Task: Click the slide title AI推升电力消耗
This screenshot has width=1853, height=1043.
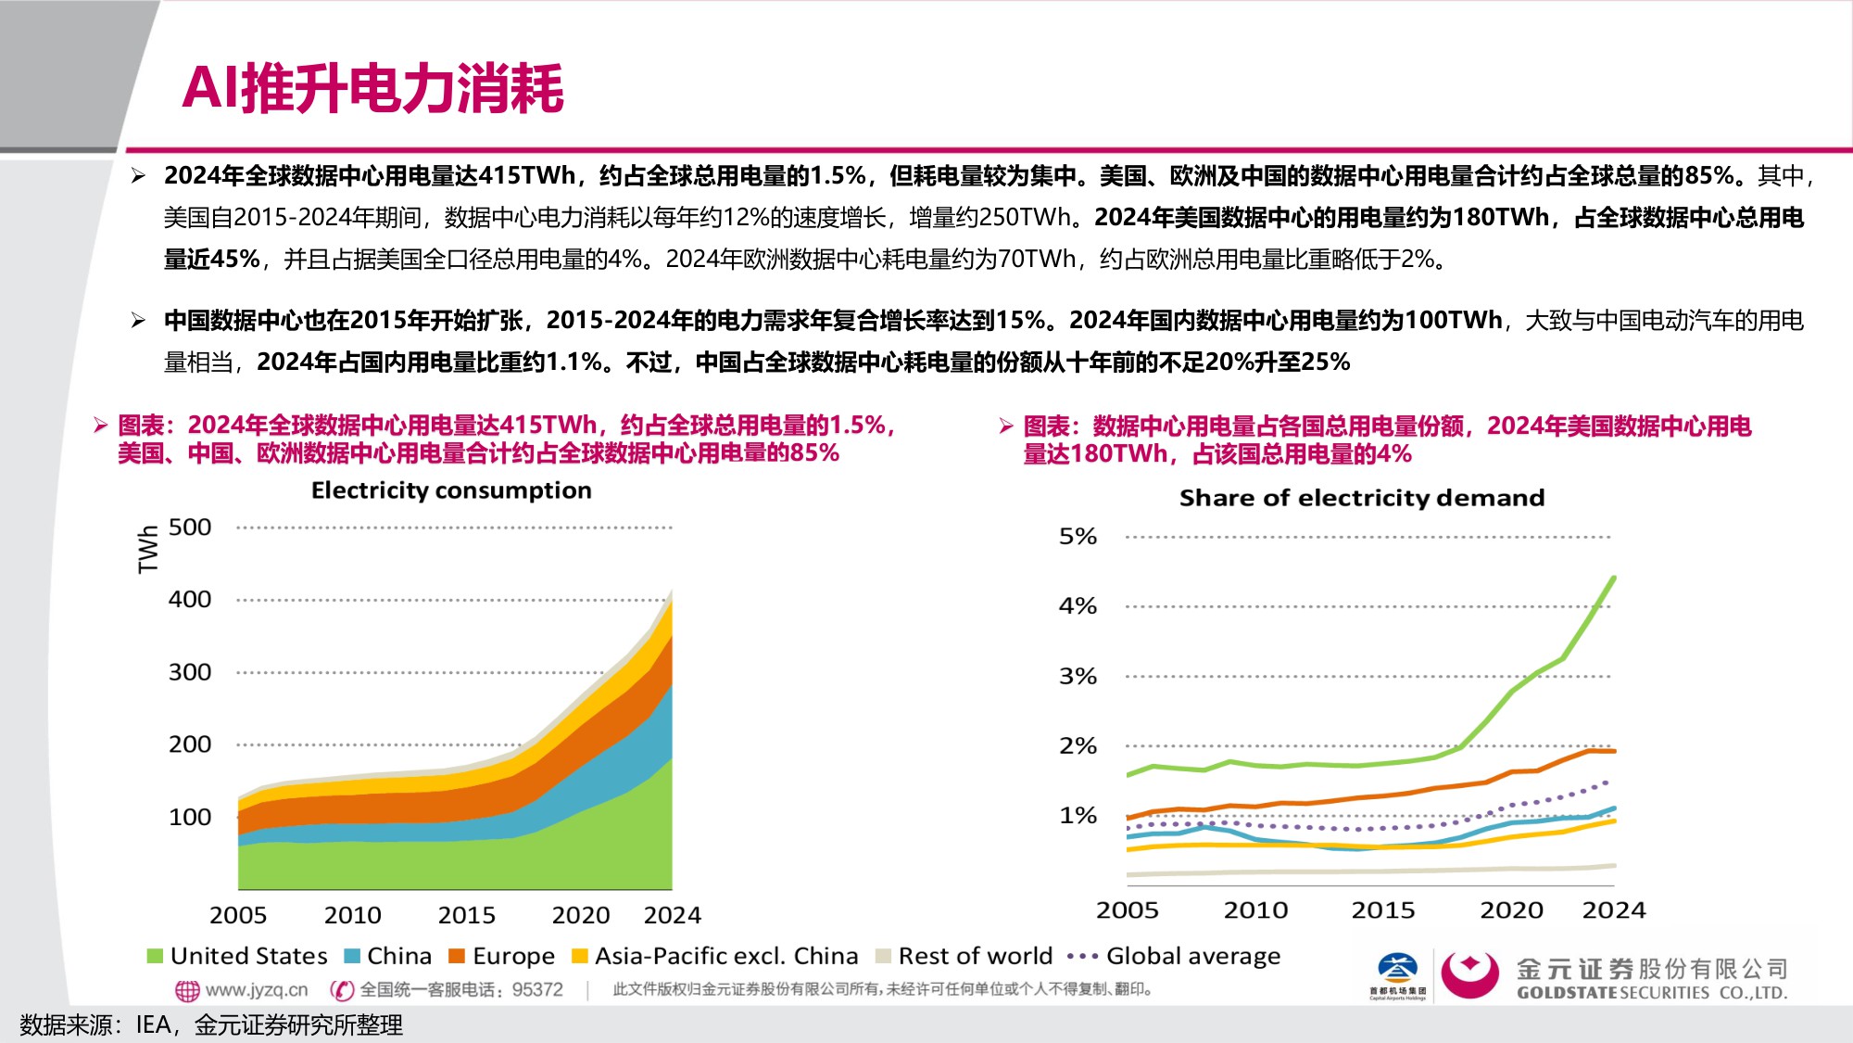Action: pyautogui.click(x=372, y=89)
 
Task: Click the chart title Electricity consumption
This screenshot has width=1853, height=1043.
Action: pyautogui.click(x=451, y=490)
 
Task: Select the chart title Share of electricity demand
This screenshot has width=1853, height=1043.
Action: pyautogui.click(x=1361, y=498)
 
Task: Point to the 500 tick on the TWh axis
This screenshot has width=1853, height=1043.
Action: pyautogui.click(x=190, y=528)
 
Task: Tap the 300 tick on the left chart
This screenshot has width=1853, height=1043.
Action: pyautogui.click(x=190, y=672)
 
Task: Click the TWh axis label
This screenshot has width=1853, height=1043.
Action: pyautogui.click(x=148, y=550)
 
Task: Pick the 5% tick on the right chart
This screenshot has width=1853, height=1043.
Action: pyautogui.click(x=1078, y=537)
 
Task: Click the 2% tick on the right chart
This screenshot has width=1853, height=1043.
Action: pyautogui.click(x=1078, y=746)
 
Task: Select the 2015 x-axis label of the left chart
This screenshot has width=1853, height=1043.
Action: pyautogui.click(x=466, y=915)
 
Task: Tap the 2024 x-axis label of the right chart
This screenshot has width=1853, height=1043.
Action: pyautogui.click(x=1613, y=910)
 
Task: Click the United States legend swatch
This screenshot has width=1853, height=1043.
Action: pyautogui.click(x=155, y=956)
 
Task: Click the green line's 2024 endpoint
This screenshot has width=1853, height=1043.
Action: pyautogui.click(x=1614, y=578)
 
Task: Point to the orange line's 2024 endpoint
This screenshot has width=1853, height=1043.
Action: pyautogui.click(x=1614, y=751)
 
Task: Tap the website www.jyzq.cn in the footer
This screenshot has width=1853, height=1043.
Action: pyautogui.click(x=256, y=990)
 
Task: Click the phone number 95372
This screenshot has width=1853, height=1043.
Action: pyautogui.click(x=537, y=990)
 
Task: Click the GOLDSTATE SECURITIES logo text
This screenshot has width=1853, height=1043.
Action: pyautogui.click(x=1651, y=992)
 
